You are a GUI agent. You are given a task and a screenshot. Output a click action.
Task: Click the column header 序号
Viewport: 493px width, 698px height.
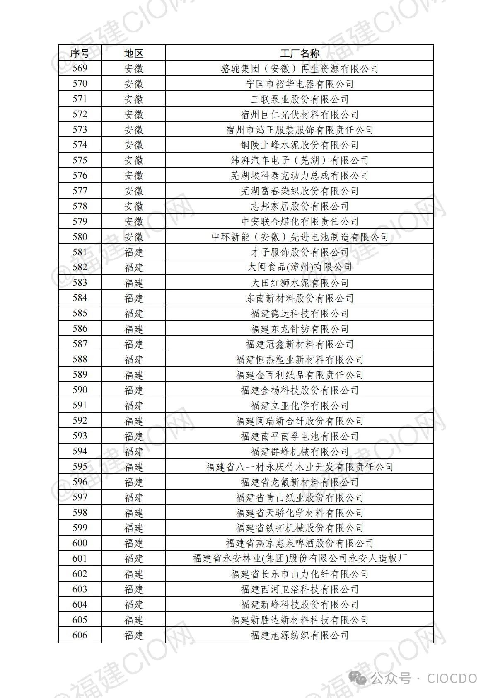(x=80, y=53)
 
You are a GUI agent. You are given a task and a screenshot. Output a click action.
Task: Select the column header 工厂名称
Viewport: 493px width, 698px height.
(x=300, y=53)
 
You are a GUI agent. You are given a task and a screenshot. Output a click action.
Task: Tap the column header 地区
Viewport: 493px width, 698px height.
(x=133, y=53)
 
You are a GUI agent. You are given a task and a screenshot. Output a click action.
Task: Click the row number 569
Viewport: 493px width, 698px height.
(x=80, y=68)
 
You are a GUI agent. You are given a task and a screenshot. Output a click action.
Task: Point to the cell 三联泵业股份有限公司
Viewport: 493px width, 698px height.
(x=300, y=99)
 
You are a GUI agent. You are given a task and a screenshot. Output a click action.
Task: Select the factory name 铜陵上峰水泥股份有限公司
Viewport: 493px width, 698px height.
(x=300, y=145)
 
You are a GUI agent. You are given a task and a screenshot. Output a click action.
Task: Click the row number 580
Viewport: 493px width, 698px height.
(x=80, y=237)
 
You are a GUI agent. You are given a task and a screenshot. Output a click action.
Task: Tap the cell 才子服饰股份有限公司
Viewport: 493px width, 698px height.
(x=300, y=252)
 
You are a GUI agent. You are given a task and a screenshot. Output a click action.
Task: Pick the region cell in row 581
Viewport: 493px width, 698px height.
(x=133, y=252)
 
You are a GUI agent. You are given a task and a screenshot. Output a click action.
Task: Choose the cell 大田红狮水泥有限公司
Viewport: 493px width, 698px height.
(x=300, y=283)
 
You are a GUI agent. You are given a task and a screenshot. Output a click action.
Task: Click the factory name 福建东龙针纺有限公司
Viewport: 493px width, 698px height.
(x=300, y=329)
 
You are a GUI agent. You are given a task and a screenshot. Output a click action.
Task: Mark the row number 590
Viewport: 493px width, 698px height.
(x=80, y=390)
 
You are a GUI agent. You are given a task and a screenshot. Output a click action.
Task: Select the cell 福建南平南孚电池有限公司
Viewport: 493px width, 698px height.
(x=300, y=436)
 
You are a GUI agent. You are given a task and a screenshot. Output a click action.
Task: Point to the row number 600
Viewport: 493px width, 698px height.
(x=80, y=543)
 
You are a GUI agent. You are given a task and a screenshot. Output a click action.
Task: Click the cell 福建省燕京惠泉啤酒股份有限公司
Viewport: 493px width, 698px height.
(x=300, y=543)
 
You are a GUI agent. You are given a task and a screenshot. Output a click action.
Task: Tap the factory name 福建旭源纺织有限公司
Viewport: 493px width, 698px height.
(x=300, y=635)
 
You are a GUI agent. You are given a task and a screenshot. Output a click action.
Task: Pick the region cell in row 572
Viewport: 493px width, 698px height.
(x=133, y=114)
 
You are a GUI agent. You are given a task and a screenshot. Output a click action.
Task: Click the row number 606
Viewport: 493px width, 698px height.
(x=80, y=635)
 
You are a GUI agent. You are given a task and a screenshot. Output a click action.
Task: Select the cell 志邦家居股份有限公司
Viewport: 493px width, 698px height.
(x=300, y=206)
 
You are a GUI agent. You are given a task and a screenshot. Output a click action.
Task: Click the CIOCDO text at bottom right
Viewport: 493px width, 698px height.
(x=452, y=679)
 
